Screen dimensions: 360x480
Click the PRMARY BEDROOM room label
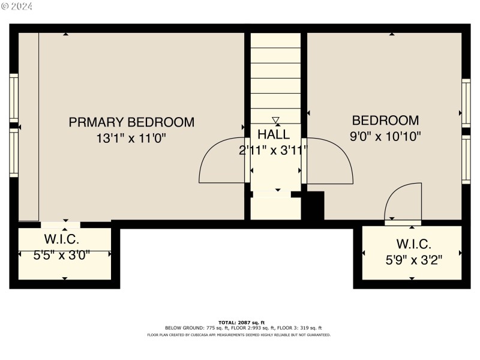[131, 122]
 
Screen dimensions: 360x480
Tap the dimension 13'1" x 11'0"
[131, 138]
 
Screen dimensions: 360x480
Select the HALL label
[274, 134]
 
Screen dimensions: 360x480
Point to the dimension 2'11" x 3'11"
[274, 150]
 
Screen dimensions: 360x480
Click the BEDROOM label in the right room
[385, 120]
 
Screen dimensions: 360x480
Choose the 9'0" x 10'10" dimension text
[385, 136]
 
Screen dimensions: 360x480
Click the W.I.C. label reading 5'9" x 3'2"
[413, 244]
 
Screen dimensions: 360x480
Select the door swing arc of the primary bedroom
[220, 160]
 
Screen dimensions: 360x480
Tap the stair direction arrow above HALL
[275, 119]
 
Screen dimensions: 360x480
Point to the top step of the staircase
[275, 40]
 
